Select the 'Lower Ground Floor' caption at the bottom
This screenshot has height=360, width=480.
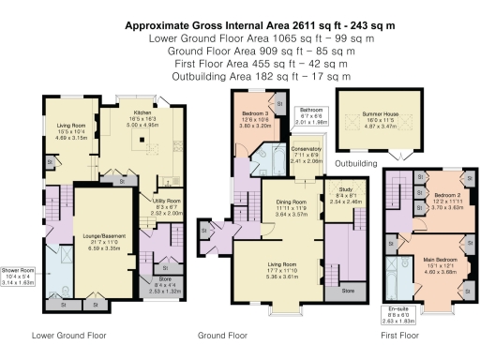(x=67, y=335)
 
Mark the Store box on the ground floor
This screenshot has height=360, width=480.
(x=349, y=292)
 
